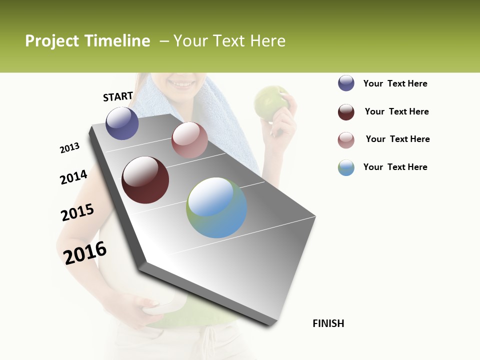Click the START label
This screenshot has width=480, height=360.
(118, 96)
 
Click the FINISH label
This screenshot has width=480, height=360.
(328, 323)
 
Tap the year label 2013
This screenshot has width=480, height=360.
(69, 148)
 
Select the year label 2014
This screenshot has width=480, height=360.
(73, 177)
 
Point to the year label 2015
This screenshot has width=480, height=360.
(77, 212)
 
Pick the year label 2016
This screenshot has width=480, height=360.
(85, 252)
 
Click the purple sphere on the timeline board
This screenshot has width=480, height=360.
(122, 123)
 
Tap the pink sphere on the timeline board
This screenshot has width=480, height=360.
(189, 140)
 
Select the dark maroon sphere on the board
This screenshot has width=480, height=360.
(145, 180)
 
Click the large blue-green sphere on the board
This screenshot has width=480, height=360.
(216, 207)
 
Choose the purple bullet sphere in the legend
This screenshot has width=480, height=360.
(346, 83)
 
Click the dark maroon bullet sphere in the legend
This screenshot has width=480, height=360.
(346, 112)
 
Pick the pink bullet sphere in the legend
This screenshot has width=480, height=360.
(346, 140)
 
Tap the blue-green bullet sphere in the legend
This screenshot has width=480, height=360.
(346, 167)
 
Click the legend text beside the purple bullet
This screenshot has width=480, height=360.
(395, 84)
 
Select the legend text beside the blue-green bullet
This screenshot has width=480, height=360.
(395, 167)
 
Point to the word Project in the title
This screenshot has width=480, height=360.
(51, 41)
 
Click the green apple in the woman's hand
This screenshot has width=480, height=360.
(270, 102)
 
